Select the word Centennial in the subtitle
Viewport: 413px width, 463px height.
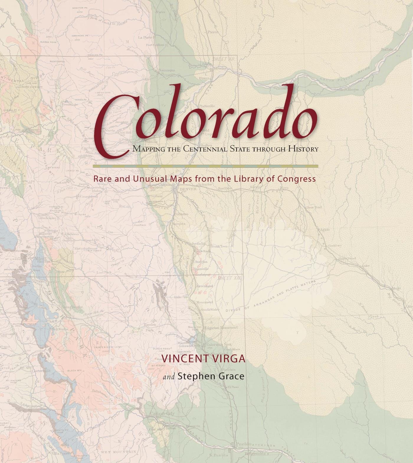click(x=205, y=149)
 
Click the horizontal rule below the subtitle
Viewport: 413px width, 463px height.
click(x=205, y=166)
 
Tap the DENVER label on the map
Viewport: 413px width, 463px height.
click(x=188, y=189)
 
